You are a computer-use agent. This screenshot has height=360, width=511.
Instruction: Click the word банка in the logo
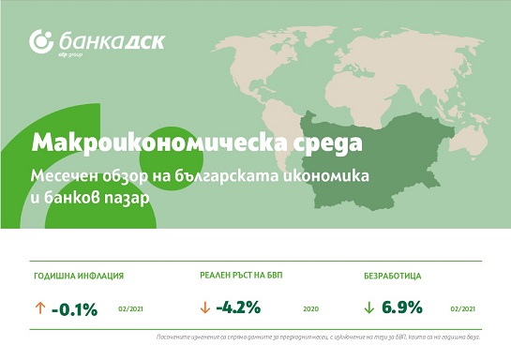click(79, 40)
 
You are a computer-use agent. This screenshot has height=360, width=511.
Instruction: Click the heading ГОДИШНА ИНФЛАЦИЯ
click(79, 277)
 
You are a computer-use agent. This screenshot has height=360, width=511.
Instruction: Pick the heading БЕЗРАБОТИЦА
click(392, 277)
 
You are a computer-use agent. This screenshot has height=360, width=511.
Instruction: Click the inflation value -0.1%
click(76, 308)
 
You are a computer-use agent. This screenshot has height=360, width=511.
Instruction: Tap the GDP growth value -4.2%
click(237, 307)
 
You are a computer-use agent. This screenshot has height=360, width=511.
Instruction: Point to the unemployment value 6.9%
click(402, 307)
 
